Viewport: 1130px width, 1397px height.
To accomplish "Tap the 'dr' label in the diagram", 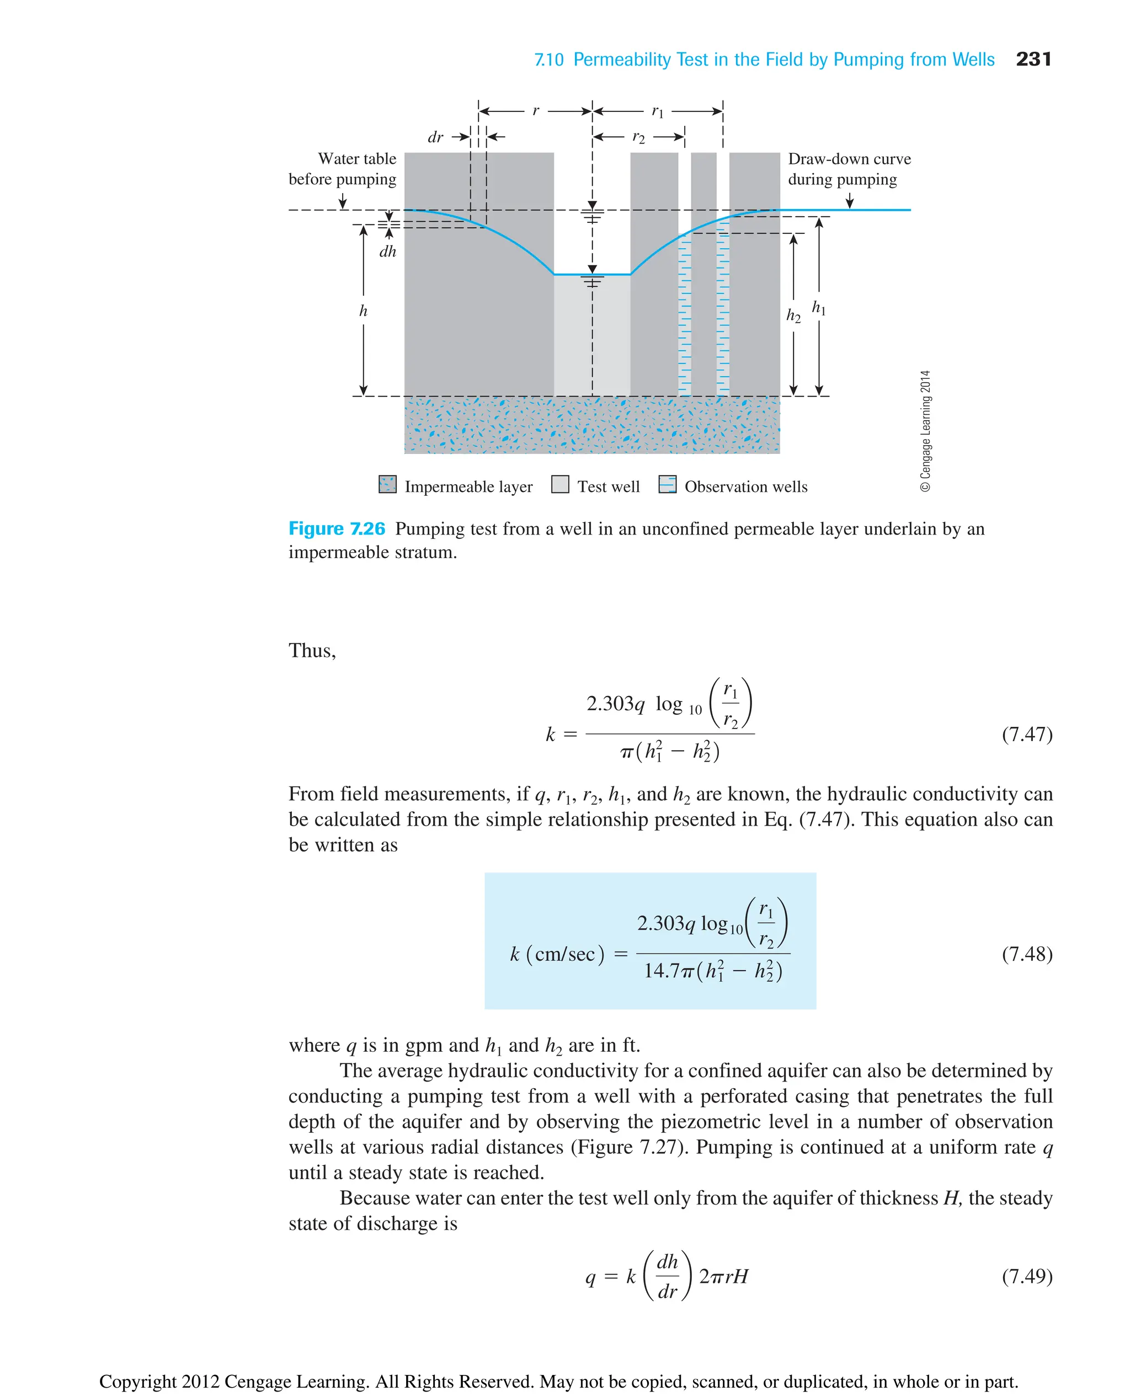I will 435,137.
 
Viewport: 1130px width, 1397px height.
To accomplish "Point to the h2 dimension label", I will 793,315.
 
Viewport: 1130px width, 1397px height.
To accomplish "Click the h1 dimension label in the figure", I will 819,308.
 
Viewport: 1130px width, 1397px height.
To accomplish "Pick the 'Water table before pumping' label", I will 343,169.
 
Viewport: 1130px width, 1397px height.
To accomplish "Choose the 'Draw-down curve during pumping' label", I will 849,169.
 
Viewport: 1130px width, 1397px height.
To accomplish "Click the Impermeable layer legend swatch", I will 387,485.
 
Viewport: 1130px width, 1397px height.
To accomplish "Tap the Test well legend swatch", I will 560,485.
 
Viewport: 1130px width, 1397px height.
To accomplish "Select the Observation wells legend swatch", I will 667,485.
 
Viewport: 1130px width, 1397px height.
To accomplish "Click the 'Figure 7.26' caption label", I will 337,528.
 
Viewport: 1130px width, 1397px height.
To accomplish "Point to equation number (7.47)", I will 1026,734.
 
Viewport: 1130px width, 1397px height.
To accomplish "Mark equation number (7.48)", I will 1026,954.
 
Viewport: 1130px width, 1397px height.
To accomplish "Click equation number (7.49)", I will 1026,1276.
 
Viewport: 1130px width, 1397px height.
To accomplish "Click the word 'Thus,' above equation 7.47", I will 312,651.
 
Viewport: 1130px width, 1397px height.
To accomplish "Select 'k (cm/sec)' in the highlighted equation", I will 557,954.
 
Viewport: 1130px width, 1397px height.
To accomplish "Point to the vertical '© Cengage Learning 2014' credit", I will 926,431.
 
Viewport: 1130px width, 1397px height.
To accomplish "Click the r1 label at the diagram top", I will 658,112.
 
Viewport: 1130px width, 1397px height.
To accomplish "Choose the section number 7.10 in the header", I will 549,60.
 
